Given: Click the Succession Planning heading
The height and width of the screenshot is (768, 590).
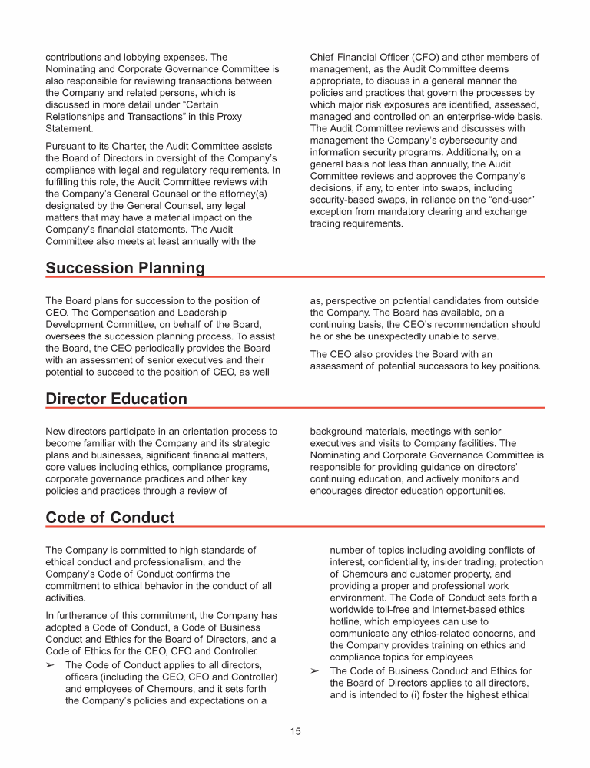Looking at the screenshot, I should click(125, 268).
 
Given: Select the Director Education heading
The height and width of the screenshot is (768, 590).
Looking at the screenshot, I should click(116, 399).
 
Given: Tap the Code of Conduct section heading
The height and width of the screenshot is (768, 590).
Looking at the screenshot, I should click(110, 518).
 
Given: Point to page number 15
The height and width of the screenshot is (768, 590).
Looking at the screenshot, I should click(295, 731).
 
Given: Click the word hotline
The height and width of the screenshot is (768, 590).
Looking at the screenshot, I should click(346, 622).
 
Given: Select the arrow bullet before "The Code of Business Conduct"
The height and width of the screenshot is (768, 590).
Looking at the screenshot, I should click(315, 671).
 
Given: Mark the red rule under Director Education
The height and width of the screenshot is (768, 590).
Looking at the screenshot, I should click(295, 408).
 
